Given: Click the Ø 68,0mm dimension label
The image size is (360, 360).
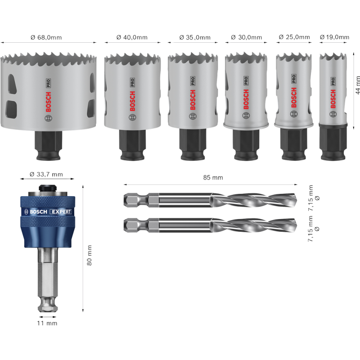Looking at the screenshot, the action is [x=46, y=37].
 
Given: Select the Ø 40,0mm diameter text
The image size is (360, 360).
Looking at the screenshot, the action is [x=132, y=37].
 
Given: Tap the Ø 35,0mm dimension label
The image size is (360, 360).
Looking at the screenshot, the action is [x=195, y=37].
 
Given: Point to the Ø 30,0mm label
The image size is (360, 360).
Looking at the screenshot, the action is [x=247, y=37].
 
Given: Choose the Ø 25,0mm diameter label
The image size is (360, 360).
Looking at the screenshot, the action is [x=294, y=37].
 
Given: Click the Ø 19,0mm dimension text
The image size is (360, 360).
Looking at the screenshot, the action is [x=334, y=37].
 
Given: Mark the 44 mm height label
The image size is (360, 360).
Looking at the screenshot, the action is [x=358, y=85].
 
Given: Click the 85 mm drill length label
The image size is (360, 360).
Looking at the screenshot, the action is [x=213, y=177].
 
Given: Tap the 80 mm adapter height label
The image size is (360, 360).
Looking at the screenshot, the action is [x=89, y=255].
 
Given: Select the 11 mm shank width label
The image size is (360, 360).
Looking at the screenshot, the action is [x=47, y=323].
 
